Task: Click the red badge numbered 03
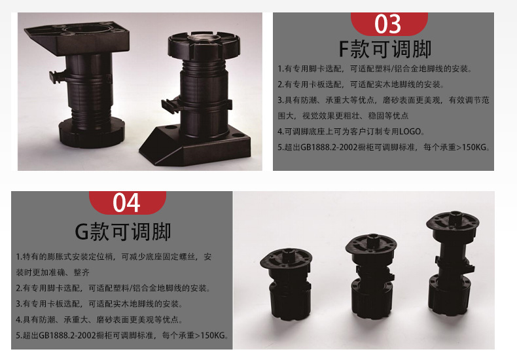[x=387, y=24]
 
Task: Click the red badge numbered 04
[x=127, y=202]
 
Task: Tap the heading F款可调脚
[x=387, y=49]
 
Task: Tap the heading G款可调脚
[x=123, y=231]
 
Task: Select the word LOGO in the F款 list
[x=418, y=131]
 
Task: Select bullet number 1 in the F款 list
[x=279, y=68]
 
